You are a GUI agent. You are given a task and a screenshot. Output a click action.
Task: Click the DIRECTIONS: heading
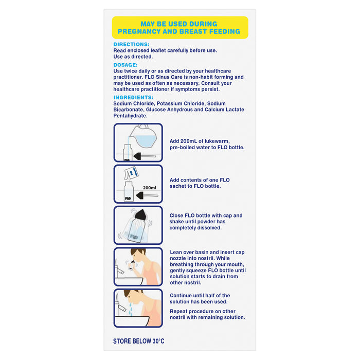131,45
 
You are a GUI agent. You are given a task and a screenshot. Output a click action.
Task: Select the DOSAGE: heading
125,65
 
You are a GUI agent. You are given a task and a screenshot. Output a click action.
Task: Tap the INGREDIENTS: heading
133,97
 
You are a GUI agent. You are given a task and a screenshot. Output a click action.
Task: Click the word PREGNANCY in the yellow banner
143,31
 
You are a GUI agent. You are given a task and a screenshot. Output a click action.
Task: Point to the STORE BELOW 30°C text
138,341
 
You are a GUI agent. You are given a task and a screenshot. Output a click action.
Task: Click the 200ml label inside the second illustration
150,188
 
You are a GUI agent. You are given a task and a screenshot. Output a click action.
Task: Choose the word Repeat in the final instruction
180,311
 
